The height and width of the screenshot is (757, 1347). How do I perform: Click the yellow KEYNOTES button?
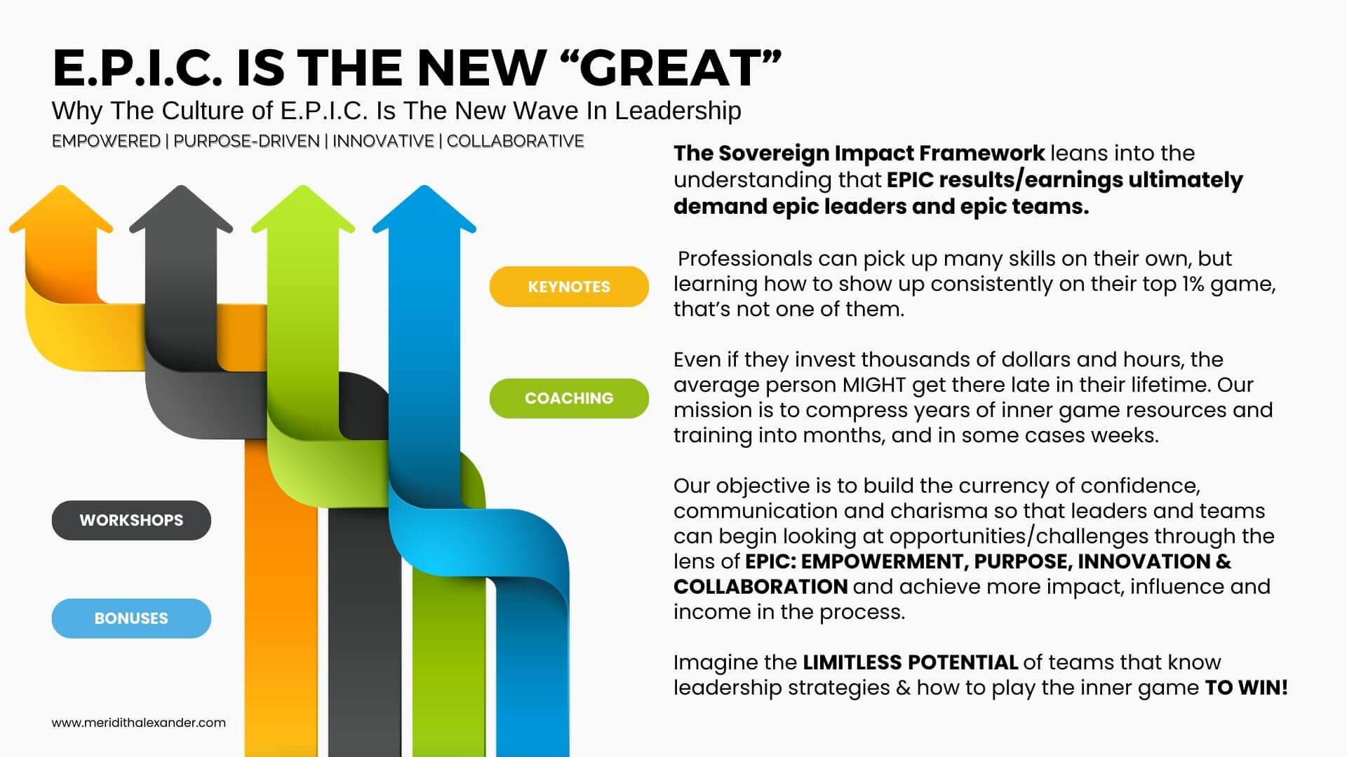(x=569, y=287)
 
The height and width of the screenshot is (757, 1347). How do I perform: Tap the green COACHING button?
(x=569, y=398)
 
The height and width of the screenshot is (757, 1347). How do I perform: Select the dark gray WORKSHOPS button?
(x=131, y=520)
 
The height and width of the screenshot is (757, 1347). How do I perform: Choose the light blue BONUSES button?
(x=131, y=618)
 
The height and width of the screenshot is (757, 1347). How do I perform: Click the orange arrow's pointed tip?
(x=61, y=186)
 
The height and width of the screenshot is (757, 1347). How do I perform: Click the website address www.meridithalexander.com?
(x=139, y=723)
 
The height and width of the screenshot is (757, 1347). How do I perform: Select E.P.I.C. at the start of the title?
(x=138, y=68)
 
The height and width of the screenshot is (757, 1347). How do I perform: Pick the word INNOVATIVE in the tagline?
(x=383, y=141)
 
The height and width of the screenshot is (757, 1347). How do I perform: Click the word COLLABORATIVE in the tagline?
(x=516, y=141)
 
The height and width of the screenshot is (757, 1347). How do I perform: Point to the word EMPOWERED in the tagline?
(x=106, y=141)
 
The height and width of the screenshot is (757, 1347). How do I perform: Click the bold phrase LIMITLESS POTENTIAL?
(x=910, y=662)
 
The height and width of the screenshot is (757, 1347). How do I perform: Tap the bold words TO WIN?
(x=1247, y=688)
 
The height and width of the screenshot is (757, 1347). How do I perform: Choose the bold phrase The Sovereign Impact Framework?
(x=859, y=153)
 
